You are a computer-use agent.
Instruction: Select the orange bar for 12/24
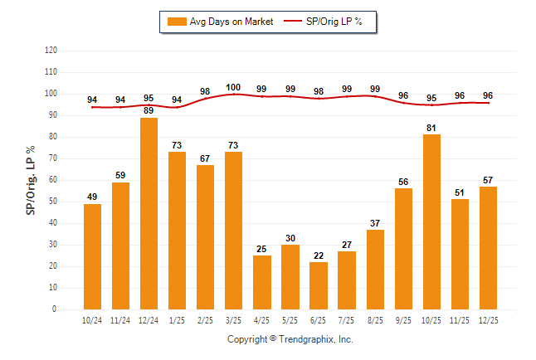[x=149, y=213]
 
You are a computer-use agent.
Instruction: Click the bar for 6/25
[x=319, y=285]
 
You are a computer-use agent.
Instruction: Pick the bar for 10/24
[x=93, y=256]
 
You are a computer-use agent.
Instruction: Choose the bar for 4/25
[x=262, y=282]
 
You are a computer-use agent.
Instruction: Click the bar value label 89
[x=149, y=110]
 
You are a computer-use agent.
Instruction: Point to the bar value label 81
[x=431, y=127]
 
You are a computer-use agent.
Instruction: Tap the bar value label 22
[x=319, y=255]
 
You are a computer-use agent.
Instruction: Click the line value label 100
[x=234, y=87]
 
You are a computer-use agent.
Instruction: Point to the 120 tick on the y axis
[x=51, y=50]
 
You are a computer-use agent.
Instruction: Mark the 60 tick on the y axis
[x=53, y=180]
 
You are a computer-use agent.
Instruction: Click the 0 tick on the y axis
[x=55, y=309]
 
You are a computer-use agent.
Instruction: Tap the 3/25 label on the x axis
[x=234, y=319]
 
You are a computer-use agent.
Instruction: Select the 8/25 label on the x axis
[x=375, y=319]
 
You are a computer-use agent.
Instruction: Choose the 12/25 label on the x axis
[x=488, y=319]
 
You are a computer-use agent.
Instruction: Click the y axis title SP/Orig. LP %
[x=31, y=179]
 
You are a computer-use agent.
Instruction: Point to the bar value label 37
[x=375, y=222]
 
